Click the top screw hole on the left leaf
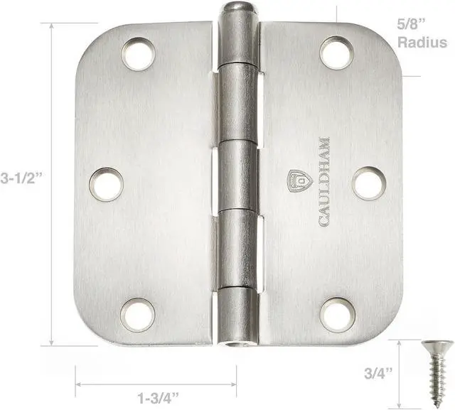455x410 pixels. [x=138, y=54]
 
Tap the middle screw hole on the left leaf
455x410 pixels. [x=106, y=183]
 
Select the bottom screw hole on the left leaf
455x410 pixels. [x=137, y=314]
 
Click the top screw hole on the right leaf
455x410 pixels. [x=337, y=53]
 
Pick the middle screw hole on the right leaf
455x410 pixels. [x=369, y=183]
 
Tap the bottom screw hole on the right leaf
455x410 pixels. [x=337, y=314]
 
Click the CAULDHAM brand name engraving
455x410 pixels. [x=324, y=181]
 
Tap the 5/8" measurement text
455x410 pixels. [x=412, y=23]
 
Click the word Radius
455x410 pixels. [x=422, y=42]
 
